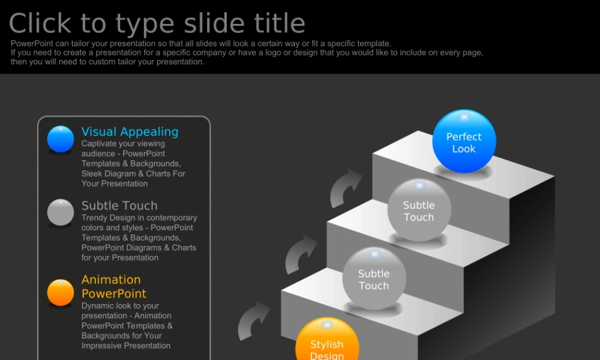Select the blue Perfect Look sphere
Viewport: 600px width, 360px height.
pos(464,141)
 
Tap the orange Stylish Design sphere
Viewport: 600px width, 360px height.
pos(327,339)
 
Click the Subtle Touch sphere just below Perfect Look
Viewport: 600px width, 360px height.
pos(419,210)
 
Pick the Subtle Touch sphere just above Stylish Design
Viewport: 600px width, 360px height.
pos(374,278)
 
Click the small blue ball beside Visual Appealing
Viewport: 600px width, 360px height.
pos(61,139)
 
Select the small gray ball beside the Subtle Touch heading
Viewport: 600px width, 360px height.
pos(61,212)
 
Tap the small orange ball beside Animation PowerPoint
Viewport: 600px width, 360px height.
pos(61,293)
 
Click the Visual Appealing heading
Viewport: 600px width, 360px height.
pos(130,132)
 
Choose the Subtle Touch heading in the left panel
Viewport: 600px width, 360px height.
pos(119,205)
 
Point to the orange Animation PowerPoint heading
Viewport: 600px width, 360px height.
pos(114,287)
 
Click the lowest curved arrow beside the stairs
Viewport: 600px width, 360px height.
pos(253,320)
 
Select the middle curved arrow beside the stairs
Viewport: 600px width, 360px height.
pos(300,255)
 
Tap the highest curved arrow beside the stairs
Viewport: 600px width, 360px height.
pos(345,188)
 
